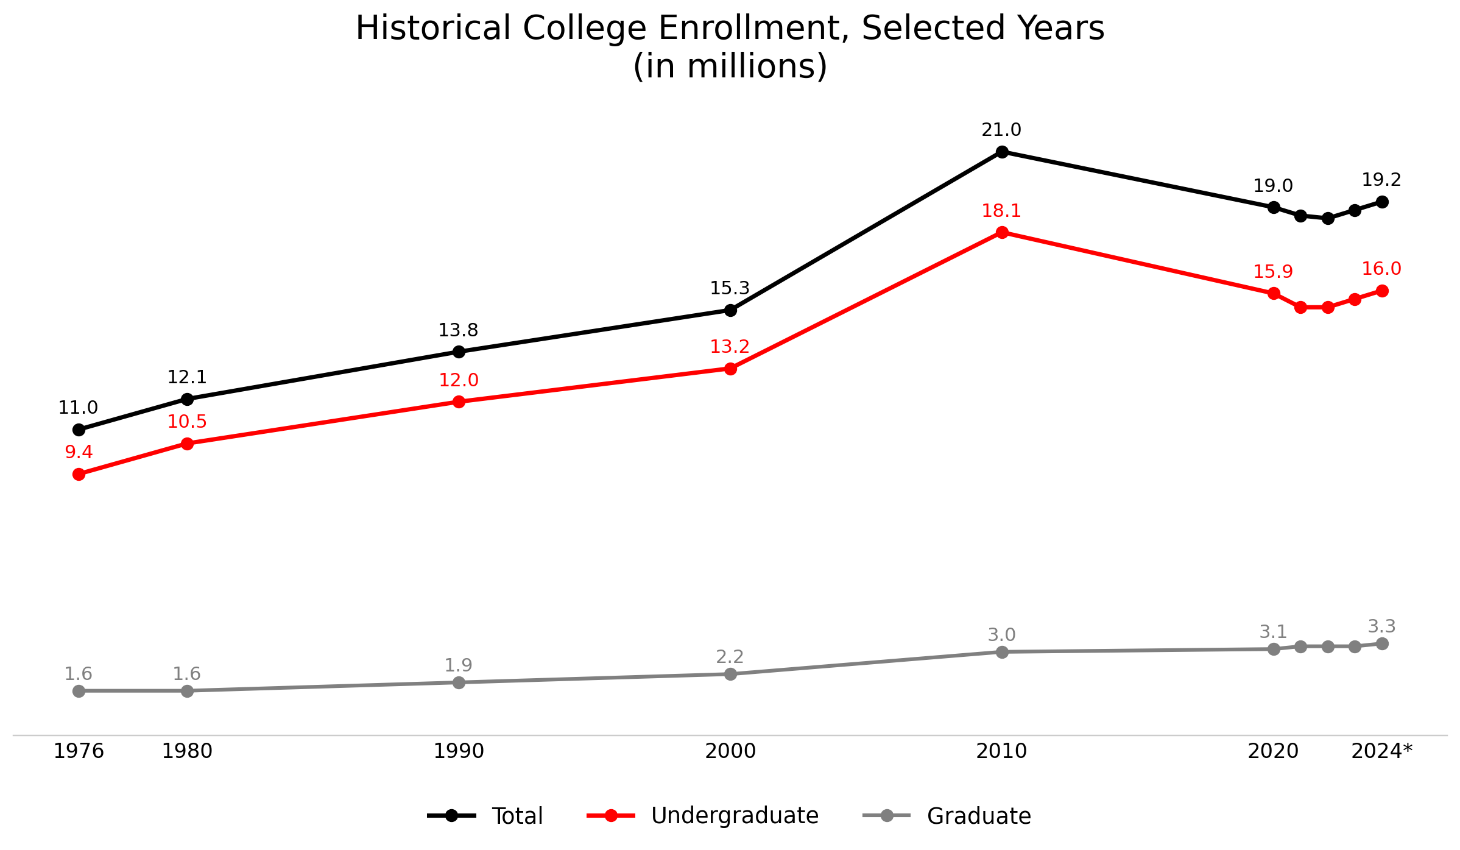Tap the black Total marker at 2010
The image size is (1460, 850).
(x=1002, y=152)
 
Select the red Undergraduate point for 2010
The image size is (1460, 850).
(x=1002, y=232)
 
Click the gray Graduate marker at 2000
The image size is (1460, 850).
(x=730, y=674)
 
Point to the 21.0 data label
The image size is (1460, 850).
(x=1001, y=130)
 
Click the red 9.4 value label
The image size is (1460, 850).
(x=79, y=452)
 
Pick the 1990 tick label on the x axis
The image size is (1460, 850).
(x=459, y=751)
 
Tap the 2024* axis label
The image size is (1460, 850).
(x=1381, y=751)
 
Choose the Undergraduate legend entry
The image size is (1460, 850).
(x=735, y=816)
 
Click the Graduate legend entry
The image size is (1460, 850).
(x=978, y=816)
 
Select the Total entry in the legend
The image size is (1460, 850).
(x=517, y=816)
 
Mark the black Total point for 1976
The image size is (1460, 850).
(x=79, y=430)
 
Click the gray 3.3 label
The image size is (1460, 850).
(x=1382, y=626)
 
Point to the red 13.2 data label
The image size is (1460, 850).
(x=730, y=347)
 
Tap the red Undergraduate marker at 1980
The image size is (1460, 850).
(x=188, y=444)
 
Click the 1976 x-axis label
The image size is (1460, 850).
(x=79, y=751)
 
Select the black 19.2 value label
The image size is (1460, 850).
(x=1381, y=180)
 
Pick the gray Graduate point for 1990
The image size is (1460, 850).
(x=459, y=682)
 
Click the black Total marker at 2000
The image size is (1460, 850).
(x=730, y=310)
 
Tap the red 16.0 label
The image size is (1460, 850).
(x=1381, y=269)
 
